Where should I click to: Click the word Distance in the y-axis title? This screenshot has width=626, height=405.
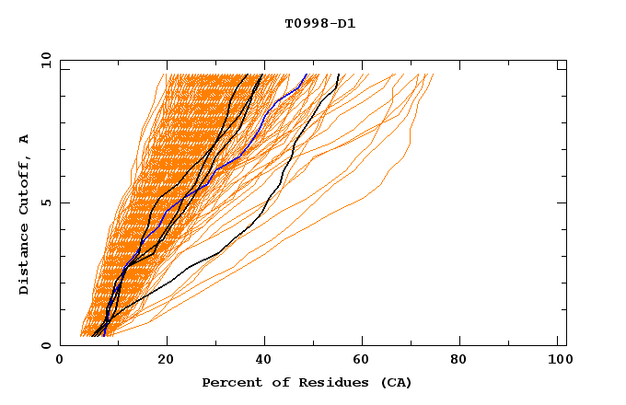pyautogui.click(x=25, y=261)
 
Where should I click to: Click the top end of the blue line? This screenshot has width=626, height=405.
pyautogui.click(x=307, y=75)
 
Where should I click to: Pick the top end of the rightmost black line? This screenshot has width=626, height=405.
pyautogui.click(x=339, y=75)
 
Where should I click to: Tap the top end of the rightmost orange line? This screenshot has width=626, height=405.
pyautogui.click(x=433, y=75)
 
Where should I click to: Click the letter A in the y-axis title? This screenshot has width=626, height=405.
pyautogui.click(x=25, y=138)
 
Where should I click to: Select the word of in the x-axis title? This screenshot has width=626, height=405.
pyautogui.click(x=274, y=382)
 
